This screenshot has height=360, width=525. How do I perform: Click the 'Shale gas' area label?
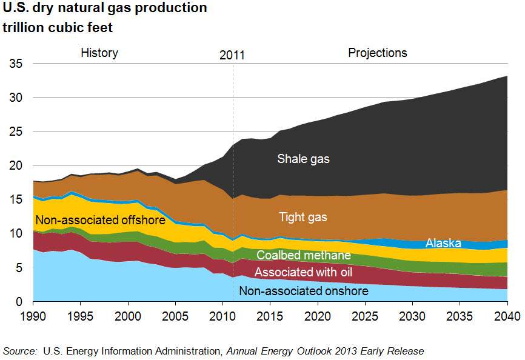[303, 159]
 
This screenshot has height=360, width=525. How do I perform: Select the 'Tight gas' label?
[304, 216]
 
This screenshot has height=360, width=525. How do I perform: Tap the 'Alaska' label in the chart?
[443, 243]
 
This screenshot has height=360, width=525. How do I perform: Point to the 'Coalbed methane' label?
[304, 256]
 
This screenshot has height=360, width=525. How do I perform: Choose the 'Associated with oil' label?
[303, 272]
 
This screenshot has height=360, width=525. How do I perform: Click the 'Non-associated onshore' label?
[303, 292]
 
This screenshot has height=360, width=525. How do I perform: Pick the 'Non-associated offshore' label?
[100, 220]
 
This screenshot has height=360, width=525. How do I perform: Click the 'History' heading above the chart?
[99, 53]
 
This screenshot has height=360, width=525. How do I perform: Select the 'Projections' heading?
[377, 53]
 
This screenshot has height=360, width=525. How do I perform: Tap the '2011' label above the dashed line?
[232, 55]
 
